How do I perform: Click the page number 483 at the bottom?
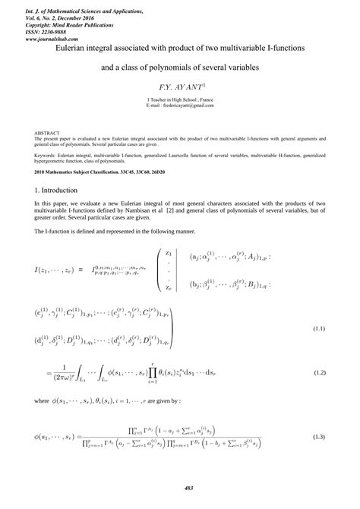[x=179, y=487]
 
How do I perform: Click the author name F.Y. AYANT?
[x=179, y=88]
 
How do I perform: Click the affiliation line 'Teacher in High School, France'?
[x=180, y=100]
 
